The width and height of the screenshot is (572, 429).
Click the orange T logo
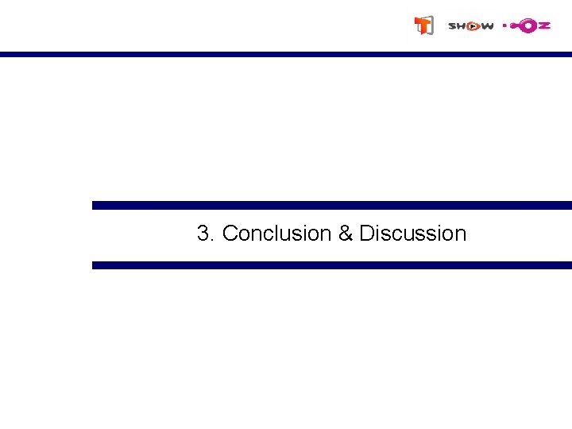click(424, 25)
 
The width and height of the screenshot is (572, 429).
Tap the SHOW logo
click(470, 26)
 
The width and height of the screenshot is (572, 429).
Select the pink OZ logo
click(527, 25)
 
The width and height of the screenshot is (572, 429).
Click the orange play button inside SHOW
click(473, 26)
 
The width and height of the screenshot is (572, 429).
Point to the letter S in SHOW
click(452, 26)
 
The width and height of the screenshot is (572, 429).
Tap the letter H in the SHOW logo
click(462, 26)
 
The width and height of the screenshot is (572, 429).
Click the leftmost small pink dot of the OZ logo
click(504, 25)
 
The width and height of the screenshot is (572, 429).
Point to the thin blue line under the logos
click(286, 55)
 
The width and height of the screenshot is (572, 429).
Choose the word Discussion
click(412, 234)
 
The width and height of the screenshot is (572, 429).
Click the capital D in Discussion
click(366, 234)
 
